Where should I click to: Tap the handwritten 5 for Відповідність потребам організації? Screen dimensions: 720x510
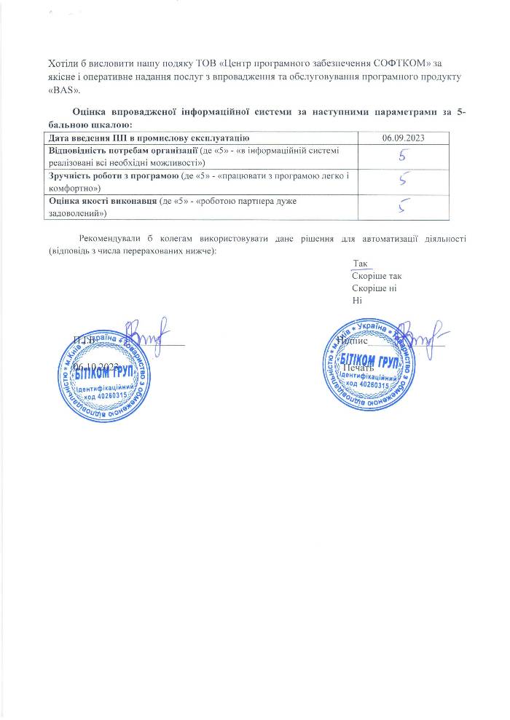pyautogui.click(x=402, y=155)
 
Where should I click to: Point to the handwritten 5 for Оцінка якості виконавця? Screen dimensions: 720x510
pyautogui.click(x=402, y=207)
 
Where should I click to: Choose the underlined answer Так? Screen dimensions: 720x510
pyautogui.click(x=361, y=264)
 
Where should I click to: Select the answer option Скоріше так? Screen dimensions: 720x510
pyautogui.click(x=376, y=276)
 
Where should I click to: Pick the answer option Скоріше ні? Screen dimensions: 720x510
pyautogui.click(x=374, y=288)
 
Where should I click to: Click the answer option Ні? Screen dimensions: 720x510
pyautogui.click(x=356, y=301)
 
